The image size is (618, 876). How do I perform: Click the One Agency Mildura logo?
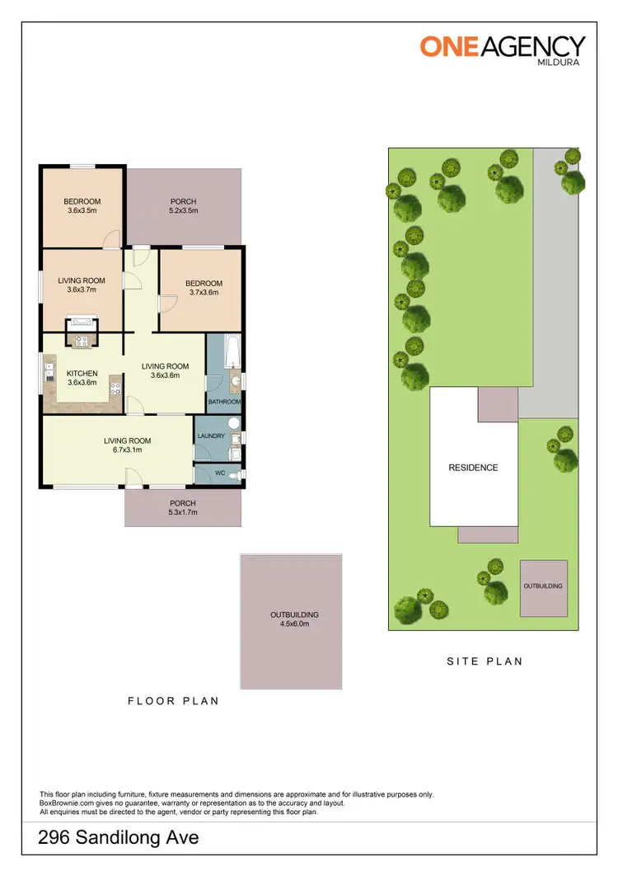[x=503, y=49]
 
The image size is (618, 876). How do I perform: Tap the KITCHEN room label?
[x=82, y=372]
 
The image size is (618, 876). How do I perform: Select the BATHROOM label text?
[x=223, y=403]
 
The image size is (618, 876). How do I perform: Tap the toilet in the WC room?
[x=236, y=475]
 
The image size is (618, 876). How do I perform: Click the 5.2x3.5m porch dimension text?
[x=183, y=211]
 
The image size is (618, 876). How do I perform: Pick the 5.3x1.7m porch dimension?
[x=182, y=512]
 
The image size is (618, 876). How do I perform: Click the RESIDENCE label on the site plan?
[x=473, y=468]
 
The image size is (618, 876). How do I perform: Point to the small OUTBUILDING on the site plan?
[x=543, y=586]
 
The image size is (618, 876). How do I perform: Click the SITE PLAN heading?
[x=485, y=661]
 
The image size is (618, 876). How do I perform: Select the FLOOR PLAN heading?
[x=173, y=701]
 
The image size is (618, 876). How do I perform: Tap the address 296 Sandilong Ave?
[x=119, y=839]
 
